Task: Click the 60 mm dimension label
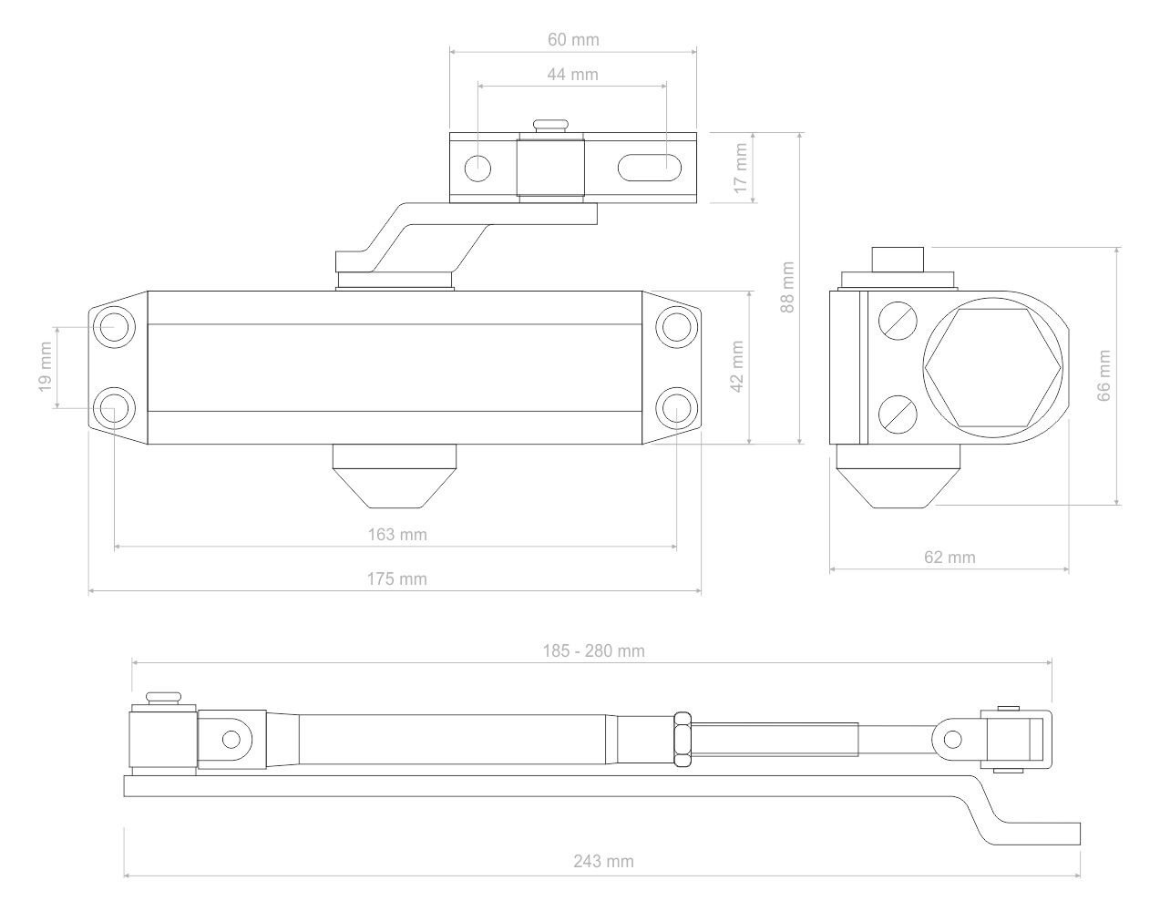pos(573,40)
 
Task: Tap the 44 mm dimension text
pos(573,75)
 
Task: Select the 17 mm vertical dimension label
pos(741,168)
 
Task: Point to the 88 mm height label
pos(787,287)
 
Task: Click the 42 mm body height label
pos(737,366)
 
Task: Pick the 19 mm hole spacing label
pos(46,366)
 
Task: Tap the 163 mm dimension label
pos(397,535)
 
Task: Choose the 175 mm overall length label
pos(397,579)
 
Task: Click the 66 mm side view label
pos(1104,375)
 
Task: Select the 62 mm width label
pos(950,558)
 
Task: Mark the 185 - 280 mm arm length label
pos(593,651)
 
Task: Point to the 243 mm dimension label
pos(604,862)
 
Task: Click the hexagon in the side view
pos(993,368)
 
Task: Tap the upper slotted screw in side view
pos(898,321)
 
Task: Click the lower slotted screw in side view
pos(898,415)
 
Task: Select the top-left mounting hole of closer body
pos(114,327)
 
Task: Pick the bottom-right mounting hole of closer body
pos(676,408)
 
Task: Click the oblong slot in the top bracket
pos(649,168)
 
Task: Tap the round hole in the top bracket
pos(477,169)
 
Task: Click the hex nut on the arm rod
pos(683,739)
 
